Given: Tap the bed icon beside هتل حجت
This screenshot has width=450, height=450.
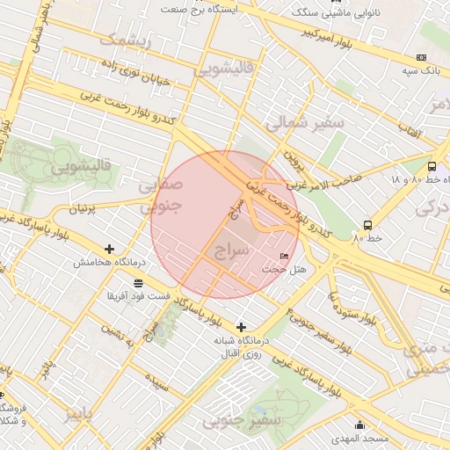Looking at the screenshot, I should (283, 256).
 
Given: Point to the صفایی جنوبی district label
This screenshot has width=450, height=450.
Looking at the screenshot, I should (159, 195).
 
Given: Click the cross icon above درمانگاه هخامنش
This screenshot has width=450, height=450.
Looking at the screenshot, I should (109, 250).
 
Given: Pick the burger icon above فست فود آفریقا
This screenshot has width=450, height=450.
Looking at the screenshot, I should (138, 282).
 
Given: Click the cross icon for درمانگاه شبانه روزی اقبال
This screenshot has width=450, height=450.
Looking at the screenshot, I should (241, 327).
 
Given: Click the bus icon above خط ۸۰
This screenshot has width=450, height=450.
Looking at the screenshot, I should (367, 225).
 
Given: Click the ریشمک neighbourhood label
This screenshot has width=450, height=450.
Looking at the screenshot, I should (126, 40).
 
